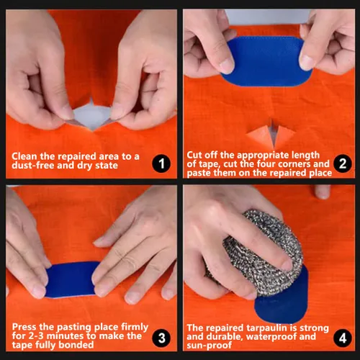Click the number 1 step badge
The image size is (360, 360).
tap(161, 163)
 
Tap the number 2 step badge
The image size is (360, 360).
tap(343, 163)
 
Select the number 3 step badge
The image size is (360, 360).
tap(161, 338)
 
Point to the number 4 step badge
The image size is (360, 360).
tap(343, 338)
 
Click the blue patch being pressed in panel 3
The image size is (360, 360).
tap(72, 279)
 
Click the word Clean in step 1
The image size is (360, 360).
tap(24, 156)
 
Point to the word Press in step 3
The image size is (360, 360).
tap(24, 327)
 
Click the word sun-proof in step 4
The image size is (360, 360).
tap(209, 346)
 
